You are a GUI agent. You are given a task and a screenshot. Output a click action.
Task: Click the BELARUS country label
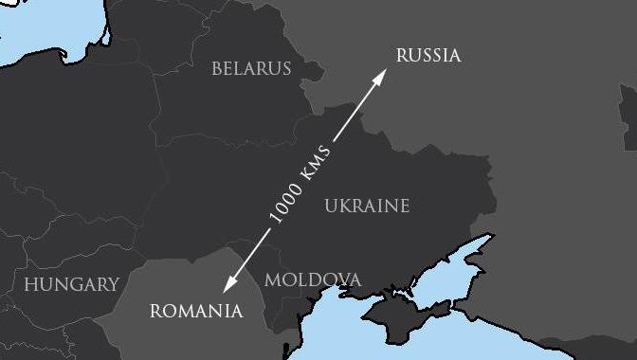click(x=251, y=68)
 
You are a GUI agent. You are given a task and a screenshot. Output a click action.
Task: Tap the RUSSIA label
click(x=428, y=55)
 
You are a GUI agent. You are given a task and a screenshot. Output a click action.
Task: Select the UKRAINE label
click(x=367, y=206)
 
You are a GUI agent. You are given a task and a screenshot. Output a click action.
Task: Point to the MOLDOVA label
click(x=312, y=279)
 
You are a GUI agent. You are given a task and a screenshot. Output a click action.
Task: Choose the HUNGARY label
click(x=71, y=284)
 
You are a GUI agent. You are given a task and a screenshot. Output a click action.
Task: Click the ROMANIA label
click(x=196, y=311)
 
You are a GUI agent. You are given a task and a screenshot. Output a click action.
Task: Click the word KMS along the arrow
click(x=315, y=165)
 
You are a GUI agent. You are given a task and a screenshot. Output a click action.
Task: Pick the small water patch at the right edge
click(x=629, y=114)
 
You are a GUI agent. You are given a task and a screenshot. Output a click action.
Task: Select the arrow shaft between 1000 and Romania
click(x=248, y=254)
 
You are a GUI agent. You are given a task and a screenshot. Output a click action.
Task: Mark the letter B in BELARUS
click(x=217, y=68)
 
